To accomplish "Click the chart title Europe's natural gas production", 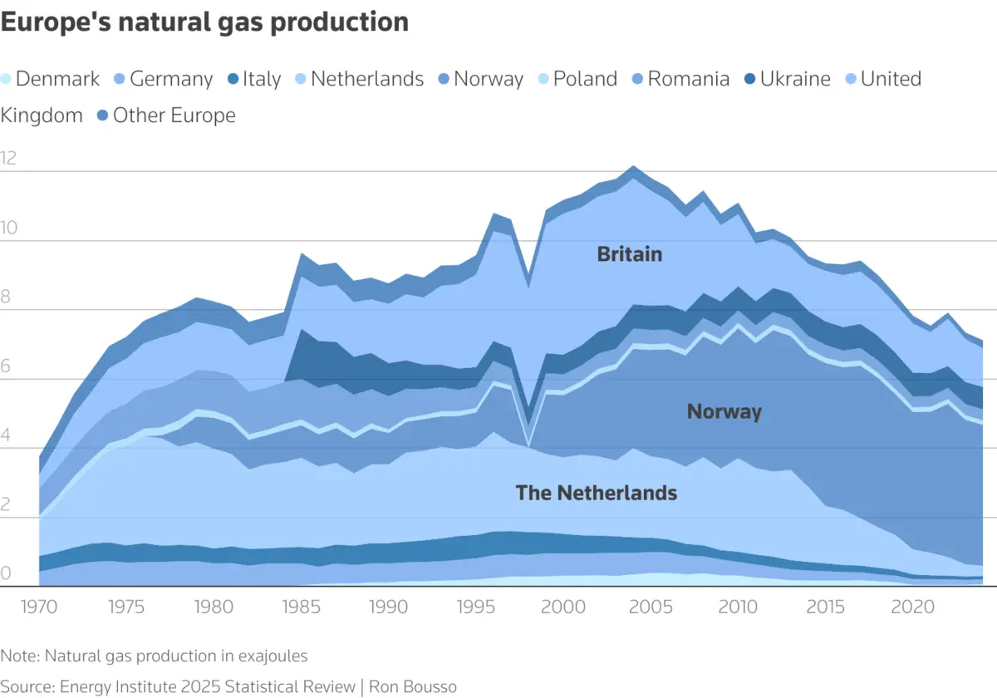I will [204, 22].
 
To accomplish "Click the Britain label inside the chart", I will [630, 254].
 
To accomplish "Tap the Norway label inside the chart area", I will [724, 411].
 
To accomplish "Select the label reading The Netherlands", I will [596, 493].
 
